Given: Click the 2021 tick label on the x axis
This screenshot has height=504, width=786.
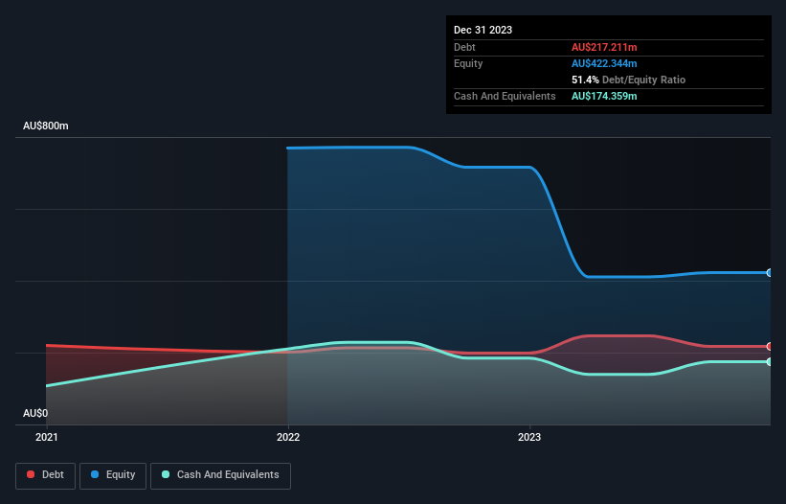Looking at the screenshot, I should coord(46,437).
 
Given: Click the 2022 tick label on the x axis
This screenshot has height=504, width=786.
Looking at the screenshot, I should coord(288,437).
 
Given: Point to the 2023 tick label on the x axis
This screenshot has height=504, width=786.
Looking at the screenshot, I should coord(529,437).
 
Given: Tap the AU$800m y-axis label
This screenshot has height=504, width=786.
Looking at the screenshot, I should coord(46,126).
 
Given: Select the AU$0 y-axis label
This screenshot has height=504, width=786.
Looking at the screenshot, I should coord(35,413).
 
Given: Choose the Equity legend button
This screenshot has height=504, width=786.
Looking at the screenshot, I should coord(113,475).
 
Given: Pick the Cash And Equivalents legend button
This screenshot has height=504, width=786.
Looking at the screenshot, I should coord(220,475).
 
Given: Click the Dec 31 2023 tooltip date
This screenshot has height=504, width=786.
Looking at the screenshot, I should coord(483,30).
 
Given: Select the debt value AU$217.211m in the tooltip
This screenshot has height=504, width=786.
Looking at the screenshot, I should coord(604,47).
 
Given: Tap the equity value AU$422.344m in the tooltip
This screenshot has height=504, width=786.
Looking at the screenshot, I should coord(604,63).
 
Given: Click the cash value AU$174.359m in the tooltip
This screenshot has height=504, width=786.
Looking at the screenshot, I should coord(604,96).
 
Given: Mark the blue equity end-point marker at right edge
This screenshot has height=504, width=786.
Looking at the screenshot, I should coord(770,273).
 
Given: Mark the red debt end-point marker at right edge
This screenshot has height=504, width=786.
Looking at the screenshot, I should coord(770,346).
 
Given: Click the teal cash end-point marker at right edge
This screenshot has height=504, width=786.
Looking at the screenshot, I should coord(770,361).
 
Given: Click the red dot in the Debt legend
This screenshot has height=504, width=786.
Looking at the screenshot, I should coord(32,475).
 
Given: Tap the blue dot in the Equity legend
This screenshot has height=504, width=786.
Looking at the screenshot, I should coord(97,475).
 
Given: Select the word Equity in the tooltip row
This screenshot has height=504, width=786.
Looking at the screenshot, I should coord(468,63).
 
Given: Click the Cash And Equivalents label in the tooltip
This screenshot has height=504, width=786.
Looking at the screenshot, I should coord(505,96).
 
